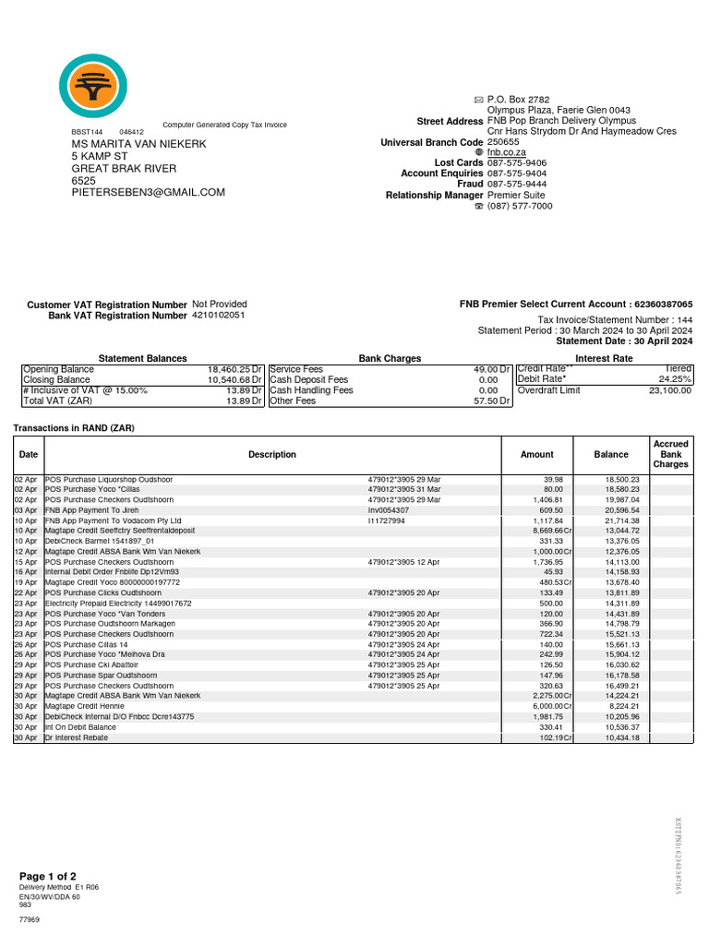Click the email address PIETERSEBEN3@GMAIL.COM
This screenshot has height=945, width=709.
[149, 192]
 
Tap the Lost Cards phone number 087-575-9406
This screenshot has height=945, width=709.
[517, 161]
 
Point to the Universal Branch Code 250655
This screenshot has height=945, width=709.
[503, 141]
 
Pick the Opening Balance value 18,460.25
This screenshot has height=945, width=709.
[231, 369]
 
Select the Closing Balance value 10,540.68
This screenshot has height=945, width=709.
[231, 379]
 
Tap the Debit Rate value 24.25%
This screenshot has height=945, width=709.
[675, 379]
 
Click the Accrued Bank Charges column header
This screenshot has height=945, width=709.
[670, 454]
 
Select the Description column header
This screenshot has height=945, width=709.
[272, 454]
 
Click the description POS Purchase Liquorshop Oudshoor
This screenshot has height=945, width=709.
[109, 480]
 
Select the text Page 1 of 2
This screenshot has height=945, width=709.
[48, 876]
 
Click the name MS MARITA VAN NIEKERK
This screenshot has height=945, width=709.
[138, 145]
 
